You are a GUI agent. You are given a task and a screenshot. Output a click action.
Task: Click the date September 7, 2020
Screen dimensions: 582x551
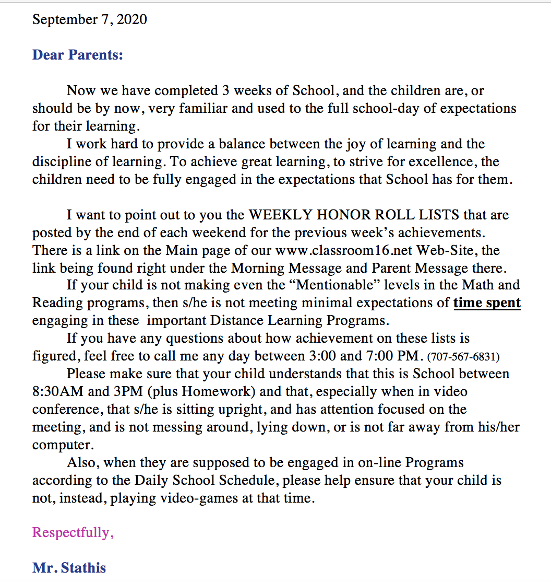pos(89,20)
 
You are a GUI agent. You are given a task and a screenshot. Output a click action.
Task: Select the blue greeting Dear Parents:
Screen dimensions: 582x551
pos(78,54)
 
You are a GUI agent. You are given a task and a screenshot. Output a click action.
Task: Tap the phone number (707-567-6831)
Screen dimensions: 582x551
pos(463,357)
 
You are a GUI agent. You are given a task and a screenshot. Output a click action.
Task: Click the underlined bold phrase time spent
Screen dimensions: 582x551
pos(487,302)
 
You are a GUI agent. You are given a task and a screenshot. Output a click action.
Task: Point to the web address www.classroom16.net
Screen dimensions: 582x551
pos(344,250)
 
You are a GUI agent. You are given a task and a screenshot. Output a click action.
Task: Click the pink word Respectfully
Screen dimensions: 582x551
pos(71,532)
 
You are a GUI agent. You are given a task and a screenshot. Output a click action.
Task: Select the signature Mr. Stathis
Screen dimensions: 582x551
pos(69,567)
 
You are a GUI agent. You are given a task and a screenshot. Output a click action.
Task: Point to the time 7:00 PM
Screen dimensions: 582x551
pos(393,356)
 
